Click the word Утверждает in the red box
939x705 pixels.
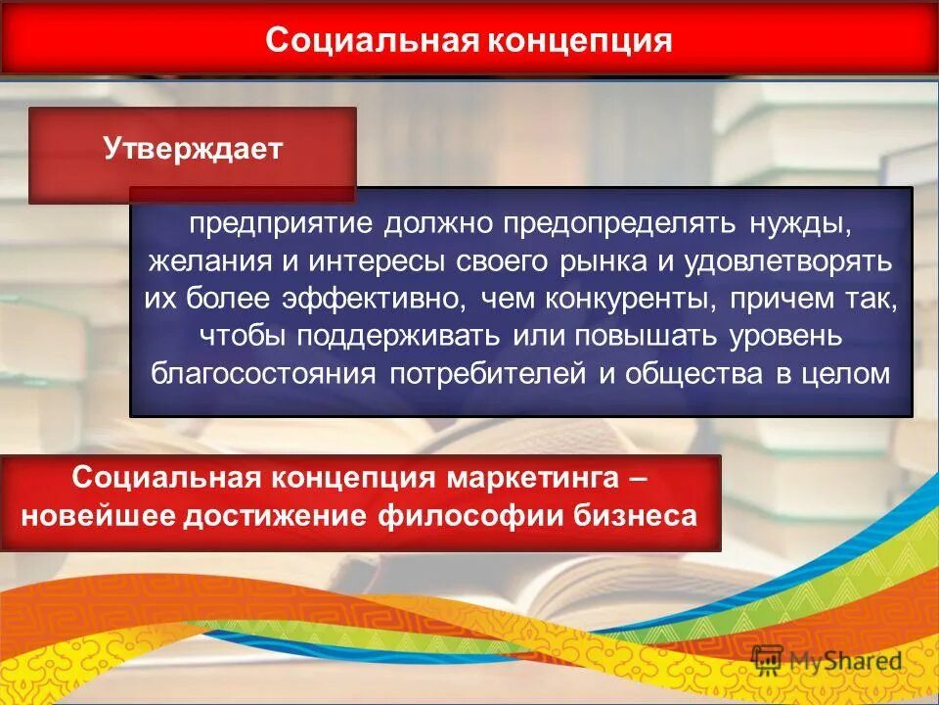(193, 150)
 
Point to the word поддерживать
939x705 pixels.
(392, 337)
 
